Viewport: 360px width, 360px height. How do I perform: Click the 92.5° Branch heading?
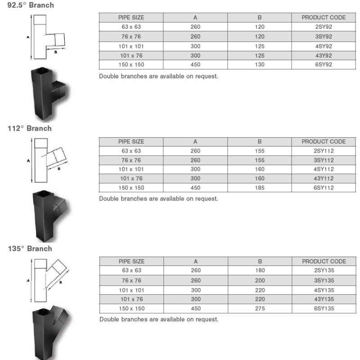point(31,5)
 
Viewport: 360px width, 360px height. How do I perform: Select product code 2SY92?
point(324,27)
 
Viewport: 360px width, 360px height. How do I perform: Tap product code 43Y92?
point(324,55)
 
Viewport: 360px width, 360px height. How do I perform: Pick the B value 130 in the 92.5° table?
point(260,64)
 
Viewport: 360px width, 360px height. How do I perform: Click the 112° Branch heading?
point(30,128)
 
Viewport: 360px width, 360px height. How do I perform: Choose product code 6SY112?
point(324,188)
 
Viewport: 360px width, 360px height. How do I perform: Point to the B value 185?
point(260,188)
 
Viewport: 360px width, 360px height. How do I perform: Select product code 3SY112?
point(324,160)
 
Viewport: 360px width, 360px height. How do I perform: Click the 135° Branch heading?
point(30,249)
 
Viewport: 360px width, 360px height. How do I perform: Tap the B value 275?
point(260,308)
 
